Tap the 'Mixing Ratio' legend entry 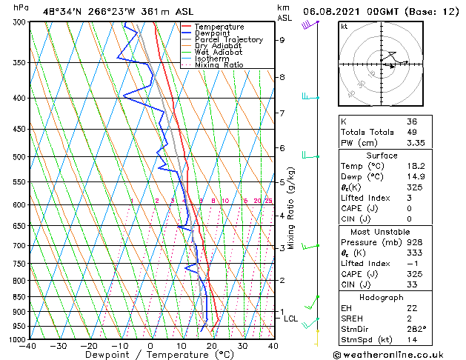coord(219,65)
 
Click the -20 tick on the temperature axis coord(89,345)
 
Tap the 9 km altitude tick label coord(282,41)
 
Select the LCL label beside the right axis coord(291,319)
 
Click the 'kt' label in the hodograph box coord(344,26)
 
